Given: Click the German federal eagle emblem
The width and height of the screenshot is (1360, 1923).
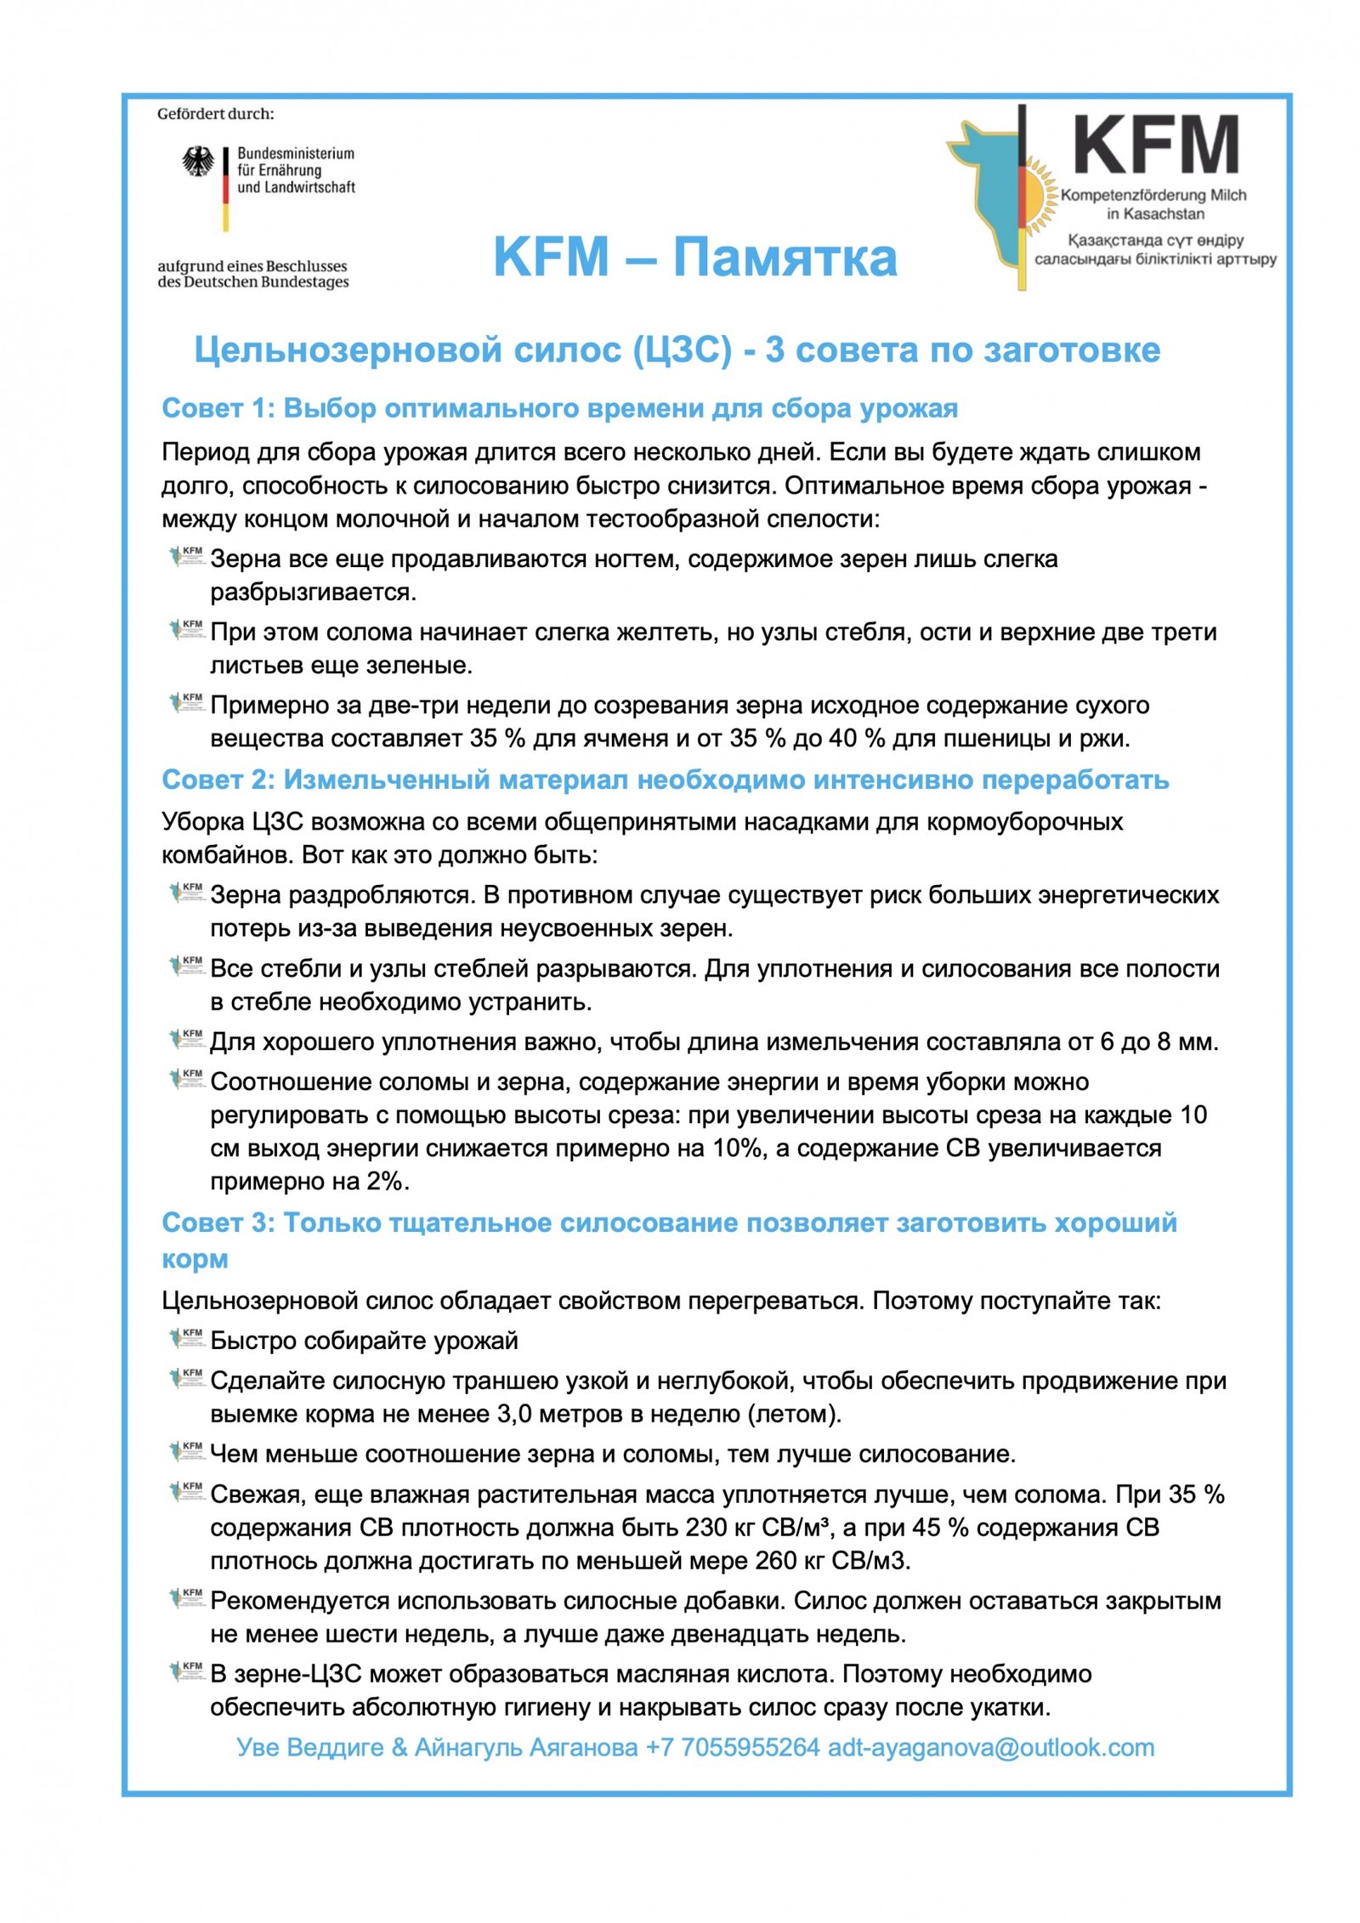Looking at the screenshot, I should (197, 162).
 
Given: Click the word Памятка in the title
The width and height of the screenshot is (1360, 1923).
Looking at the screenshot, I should (785, 257).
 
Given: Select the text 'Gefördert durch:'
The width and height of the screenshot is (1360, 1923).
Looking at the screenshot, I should (215, 114).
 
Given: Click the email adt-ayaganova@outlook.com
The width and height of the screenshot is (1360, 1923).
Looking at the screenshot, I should (991, 1748).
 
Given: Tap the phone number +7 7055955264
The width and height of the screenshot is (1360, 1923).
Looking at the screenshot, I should (733, 1748).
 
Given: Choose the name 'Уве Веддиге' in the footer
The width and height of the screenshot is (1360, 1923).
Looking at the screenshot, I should (310, 1748).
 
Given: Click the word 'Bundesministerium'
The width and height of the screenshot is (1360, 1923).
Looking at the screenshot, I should (296, 154).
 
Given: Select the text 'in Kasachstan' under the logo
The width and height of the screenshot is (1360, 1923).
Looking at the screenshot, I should (1154, 213).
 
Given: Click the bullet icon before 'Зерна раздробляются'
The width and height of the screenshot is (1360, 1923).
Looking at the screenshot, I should (187, 893).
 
